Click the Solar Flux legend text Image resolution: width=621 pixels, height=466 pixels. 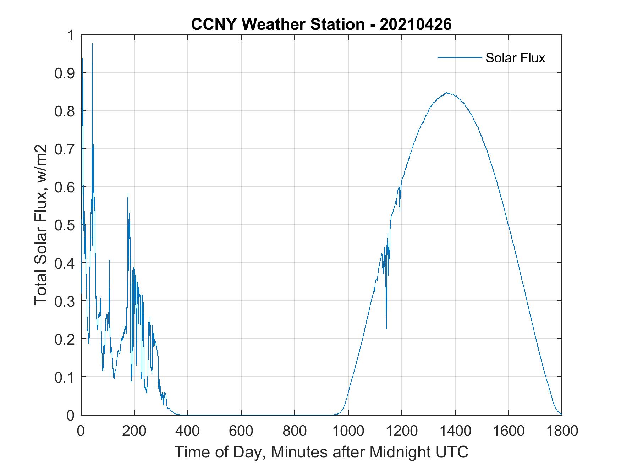515,58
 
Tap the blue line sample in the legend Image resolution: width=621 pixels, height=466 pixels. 459,57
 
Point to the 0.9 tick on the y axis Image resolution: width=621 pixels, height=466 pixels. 64,73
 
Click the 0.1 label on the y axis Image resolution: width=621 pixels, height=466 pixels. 64,377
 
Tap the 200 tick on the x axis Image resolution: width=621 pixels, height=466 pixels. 134,431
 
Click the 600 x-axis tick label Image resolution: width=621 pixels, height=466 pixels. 241,431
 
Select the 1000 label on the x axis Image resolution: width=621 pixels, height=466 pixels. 348,431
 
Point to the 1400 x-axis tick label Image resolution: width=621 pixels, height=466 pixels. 455,431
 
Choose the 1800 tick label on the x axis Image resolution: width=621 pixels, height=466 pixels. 562,431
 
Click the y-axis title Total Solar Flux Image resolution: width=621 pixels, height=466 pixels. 41,225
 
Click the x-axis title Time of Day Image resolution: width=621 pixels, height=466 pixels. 322,452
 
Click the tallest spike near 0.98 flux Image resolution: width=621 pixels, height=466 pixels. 92,44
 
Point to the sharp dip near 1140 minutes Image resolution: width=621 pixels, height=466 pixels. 386,328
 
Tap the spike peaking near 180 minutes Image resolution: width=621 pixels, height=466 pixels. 128,194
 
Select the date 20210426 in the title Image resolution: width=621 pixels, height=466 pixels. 416,24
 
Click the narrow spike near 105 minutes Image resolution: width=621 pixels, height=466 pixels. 109,261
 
